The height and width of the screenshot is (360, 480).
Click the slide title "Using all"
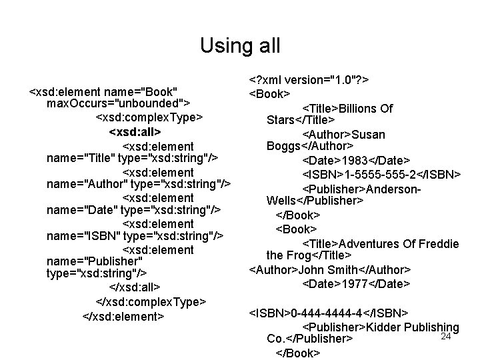click(240, 46)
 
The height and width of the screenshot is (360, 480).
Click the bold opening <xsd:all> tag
click(135, 132)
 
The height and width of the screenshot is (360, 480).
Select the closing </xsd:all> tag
click(134, 287)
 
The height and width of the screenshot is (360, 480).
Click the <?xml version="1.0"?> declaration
click(309, 79)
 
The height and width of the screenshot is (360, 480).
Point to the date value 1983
click(359, 161)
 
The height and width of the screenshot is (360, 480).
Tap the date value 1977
click(359, 283)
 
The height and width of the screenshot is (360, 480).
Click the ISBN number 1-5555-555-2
click(380, 175)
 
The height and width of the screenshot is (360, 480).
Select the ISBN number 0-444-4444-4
click(327, 313)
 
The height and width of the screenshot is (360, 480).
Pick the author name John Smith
click(329, 270)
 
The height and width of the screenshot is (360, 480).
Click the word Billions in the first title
click(360, 109)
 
